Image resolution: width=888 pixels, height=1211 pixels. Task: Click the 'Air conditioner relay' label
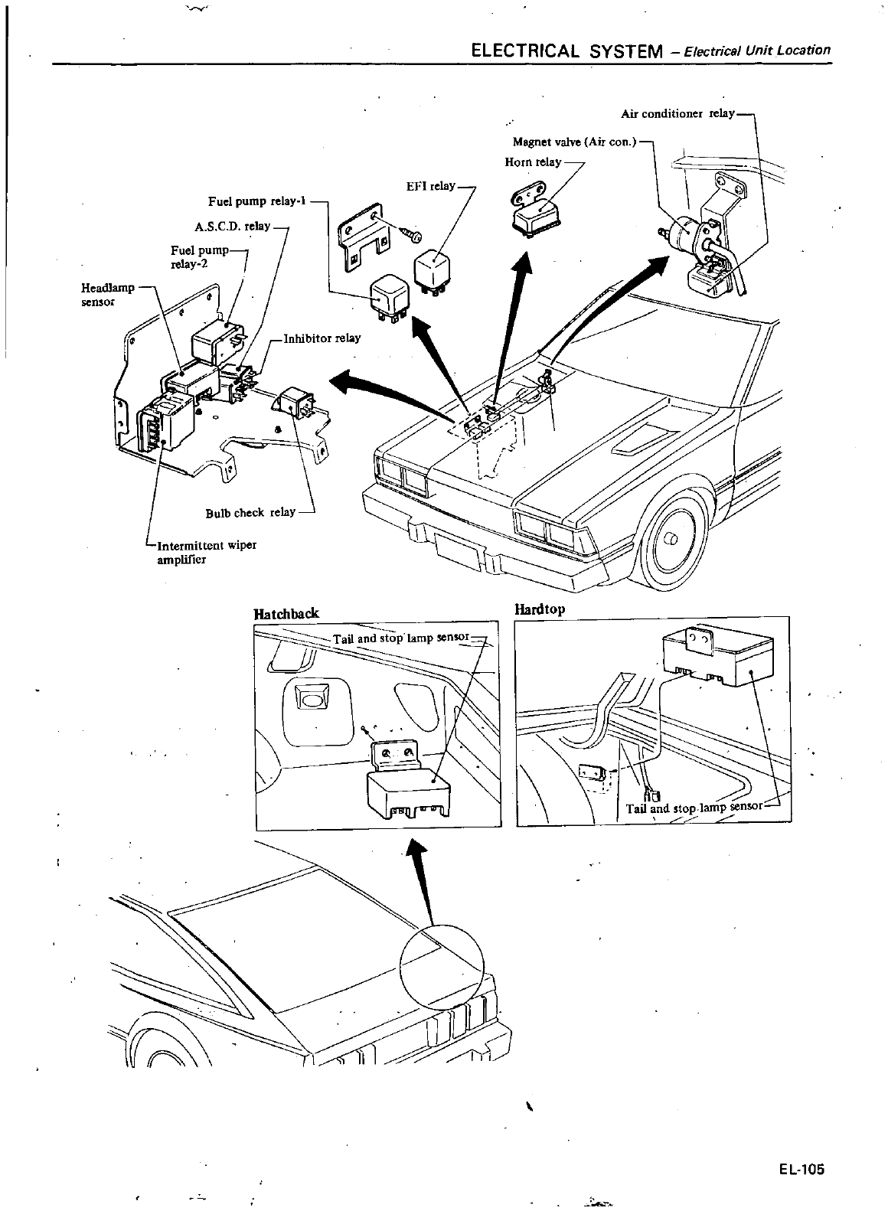click(677, 113)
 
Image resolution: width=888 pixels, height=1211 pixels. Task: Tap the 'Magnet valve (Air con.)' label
click(574, 142)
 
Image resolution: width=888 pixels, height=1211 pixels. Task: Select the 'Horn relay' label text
click(533, 162)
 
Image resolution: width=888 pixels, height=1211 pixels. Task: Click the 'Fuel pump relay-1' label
click(257, 201)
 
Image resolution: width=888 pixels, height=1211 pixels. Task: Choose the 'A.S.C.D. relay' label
click(233, 226)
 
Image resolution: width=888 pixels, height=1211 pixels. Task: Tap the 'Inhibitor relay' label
click(322, 338)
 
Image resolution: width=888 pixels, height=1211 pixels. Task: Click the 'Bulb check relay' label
click(250, 512)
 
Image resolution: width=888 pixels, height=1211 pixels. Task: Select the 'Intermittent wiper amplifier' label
click(205, 552)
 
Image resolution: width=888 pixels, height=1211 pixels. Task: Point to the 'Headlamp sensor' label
click(107, 294)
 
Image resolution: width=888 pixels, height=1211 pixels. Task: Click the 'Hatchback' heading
click(286, 613)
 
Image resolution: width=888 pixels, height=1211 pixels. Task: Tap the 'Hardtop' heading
click(540, 610)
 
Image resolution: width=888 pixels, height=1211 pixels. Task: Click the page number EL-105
click(802, 1170)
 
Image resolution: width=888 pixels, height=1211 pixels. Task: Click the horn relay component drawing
click(538, 215)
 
